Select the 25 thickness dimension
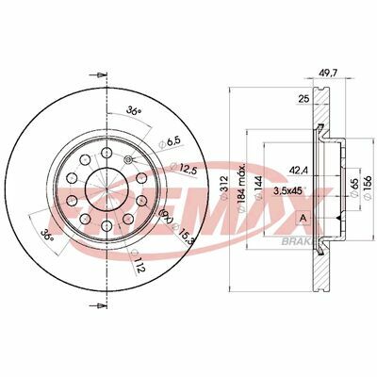point(304,99)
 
